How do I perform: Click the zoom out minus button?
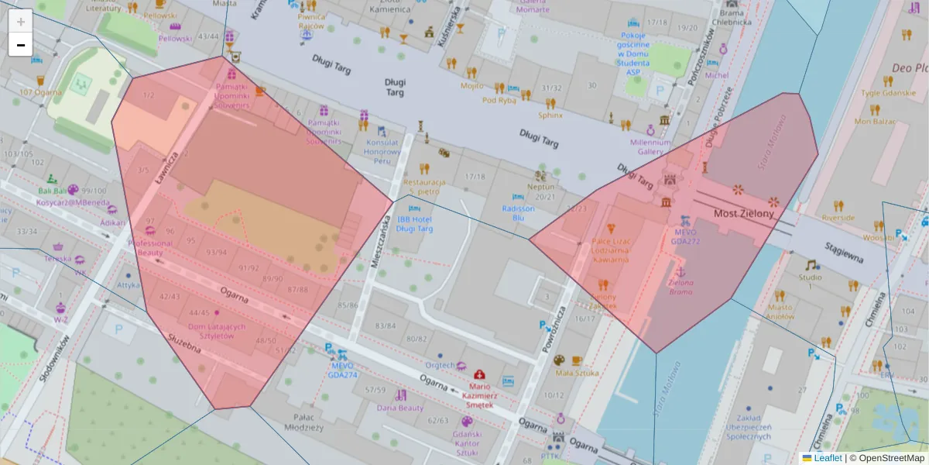(x=21, y=45)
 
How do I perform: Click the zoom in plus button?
(x=21, y=22)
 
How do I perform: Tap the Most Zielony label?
(x=743, y=213)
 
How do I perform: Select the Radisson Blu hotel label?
(x=518, y=213)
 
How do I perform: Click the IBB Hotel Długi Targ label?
(x=414, y=224)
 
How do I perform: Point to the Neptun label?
(x=540, y=187)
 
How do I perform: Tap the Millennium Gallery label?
(x=650, y=147)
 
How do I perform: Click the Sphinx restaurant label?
(x=550, y=115)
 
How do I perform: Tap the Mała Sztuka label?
(x=577, y=373)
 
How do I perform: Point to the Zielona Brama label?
(x=681, y=288)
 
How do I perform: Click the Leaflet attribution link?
(x=828, y=458)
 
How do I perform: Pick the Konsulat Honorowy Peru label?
(x=382, y=152)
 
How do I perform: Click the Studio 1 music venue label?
(x=811, y=282)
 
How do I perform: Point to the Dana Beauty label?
(x=400, y=408)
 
